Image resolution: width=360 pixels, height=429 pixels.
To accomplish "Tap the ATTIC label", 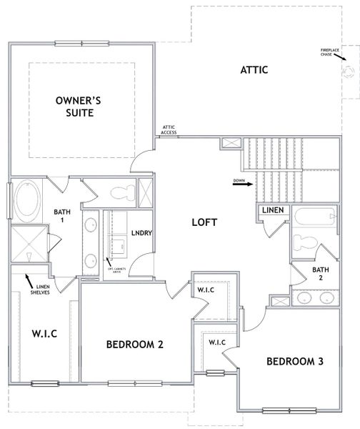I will point(254,70).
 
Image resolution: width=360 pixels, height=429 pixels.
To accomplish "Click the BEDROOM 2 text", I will point(135,345).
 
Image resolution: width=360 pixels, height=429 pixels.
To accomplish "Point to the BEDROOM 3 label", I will point(295,362).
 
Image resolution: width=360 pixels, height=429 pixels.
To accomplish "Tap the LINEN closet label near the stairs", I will point(272,210).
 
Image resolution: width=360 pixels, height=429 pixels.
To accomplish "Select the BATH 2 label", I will point(320,274).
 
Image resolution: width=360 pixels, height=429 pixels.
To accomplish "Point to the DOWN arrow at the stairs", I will point(243,183).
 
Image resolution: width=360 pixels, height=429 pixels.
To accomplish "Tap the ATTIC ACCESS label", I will point(169,129).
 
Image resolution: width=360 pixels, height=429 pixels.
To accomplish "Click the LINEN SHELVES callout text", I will point(39,289).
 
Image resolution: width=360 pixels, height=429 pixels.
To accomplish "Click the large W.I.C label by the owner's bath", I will point(44,334).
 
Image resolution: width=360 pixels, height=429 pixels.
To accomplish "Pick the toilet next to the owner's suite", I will point(123,191).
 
